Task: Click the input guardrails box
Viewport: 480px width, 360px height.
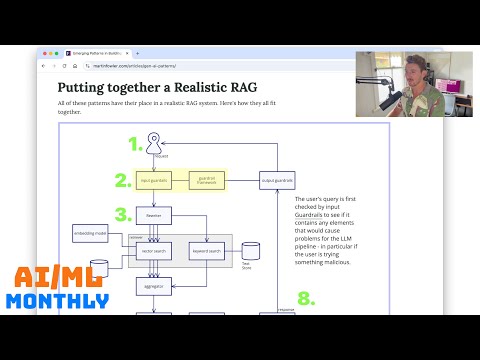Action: coord(153,181)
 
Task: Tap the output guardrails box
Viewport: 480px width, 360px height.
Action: coord(276,181)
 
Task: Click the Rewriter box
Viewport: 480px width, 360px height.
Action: coord(154,214)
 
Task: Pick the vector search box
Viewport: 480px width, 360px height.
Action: coord(153,250)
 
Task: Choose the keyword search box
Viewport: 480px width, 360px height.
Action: coord(205,250)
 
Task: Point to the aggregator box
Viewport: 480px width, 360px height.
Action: coord(154,286)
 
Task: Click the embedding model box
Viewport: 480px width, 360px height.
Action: coord(91,235)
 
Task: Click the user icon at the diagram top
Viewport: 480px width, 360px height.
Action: coord(154,142)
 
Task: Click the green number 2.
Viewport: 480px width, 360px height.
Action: coord(123,181)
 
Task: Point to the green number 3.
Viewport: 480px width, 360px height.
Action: coord(123,214)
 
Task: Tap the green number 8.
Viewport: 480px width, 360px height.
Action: coord(306,298)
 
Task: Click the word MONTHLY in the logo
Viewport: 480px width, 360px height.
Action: coord(56,301)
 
